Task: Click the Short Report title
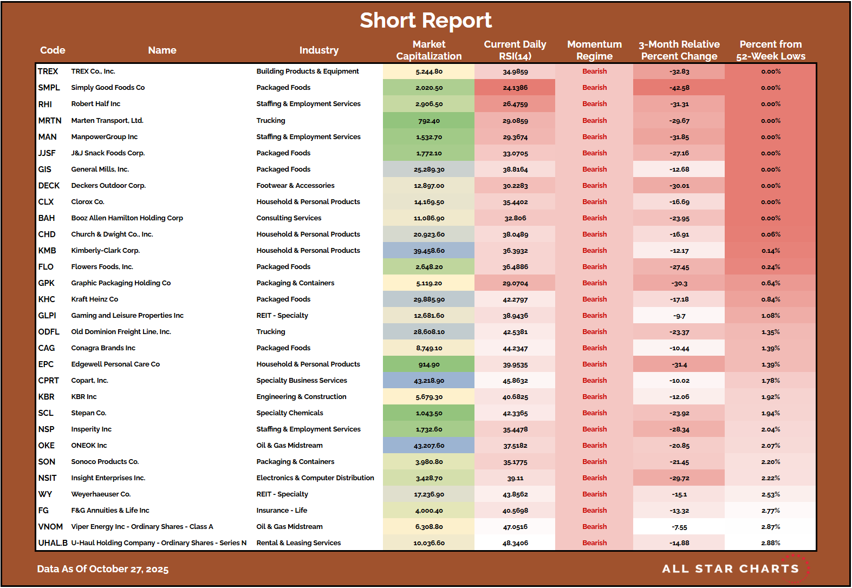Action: [x=426, y=21]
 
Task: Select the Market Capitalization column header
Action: [x=428, y=50]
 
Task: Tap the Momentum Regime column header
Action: [x=594, y=50]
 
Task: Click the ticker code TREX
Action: [x=48, y=71]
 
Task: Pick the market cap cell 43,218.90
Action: [x=429, y=381]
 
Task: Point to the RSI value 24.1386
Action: [x=515, y=88]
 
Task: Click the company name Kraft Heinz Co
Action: [x=95, y=299]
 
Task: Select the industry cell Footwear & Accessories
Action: [x=295, y=186]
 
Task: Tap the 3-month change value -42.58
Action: [x=679, y=88]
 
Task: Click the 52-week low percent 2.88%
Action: [x=770, y=543]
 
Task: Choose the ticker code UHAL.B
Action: [x=53, y=543]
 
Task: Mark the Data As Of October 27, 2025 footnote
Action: [x=103, y=569]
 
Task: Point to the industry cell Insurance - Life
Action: [x=282, y=511]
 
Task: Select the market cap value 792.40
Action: [x=429, y=121]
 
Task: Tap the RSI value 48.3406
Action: [x=515, y=543]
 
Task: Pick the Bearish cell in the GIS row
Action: [x=594, y=169]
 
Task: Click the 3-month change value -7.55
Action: [x=679, y=527]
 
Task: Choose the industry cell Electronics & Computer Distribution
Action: [x=315, y=478]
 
